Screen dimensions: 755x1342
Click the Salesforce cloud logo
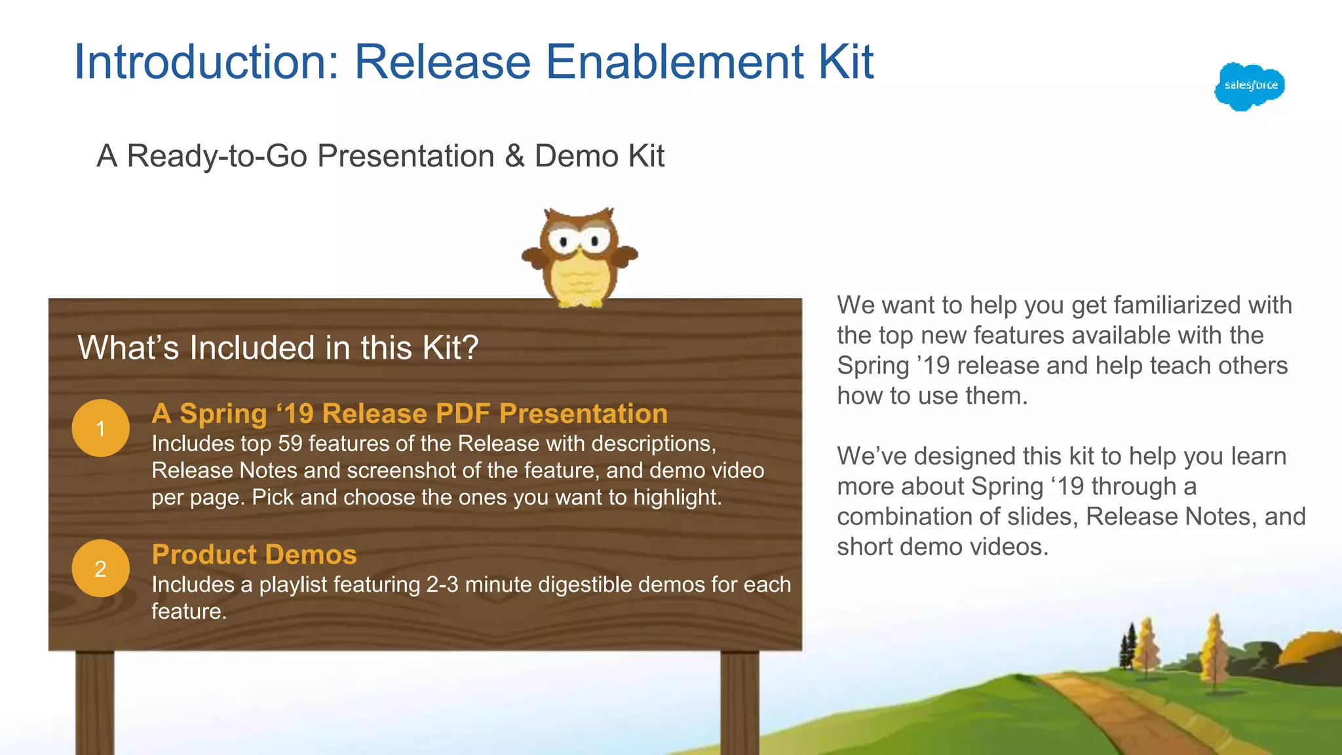pos(1250,87)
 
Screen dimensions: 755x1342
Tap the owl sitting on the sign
pos(580,257)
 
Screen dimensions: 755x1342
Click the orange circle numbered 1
pos(100,428)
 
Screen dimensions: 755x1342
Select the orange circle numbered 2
pos(100,568)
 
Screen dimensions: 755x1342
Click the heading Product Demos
pos(254,554)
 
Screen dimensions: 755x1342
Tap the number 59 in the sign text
pos(290,444)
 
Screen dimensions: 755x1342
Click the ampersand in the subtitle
pos(514,157)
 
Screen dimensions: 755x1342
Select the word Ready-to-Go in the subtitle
pos(217,157)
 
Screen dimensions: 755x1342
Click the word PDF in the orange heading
pos(463,414)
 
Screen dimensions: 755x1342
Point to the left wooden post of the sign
pos(95,701)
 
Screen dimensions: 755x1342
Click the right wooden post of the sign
pos(740,701)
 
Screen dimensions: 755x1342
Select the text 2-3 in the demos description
pos(442,584)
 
